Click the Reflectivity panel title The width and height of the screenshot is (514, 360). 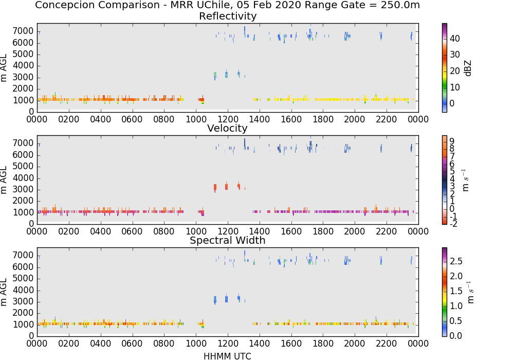coord(228,16)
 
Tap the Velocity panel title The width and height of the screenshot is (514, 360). coord(227,128)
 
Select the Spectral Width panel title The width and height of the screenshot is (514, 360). coord(228,240)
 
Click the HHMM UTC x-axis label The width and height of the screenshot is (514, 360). coord(227,356)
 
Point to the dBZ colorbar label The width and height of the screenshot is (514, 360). coord(468,68)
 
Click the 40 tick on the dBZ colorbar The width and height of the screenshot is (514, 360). coord(455,39)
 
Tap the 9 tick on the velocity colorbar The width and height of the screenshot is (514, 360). coord(452,141)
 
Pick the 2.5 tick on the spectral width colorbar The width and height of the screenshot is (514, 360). coord(456,261)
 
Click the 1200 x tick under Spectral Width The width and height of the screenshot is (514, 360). coord(228,343)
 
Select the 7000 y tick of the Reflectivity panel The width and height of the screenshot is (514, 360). coord(23,31)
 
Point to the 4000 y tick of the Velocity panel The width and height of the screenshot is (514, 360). coord(23,178)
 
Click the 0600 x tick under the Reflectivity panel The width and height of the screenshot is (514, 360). coord(133,119)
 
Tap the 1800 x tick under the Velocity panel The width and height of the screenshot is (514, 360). coord(323,231)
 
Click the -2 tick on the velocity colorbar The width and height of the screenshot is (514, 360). coord(453,224)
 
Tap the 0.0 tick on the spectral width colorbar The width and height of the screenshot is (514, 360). coord(456,336)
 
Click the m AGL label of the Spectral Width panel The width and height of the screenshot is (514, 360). coord(4,292)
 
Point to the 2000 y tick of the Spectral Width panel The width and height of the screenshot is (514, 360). coord(23,313)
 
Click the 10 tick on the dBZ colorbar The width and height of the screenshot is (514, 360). coord(455,87)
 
